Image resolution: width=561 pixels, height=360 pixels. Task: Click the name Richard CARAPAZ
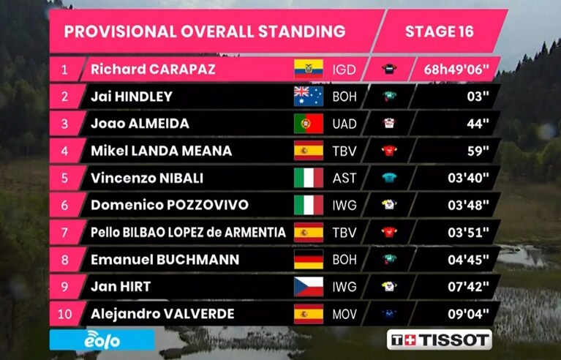153,69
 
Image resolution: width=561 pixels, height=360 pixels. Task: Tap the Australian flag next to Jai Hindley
309,97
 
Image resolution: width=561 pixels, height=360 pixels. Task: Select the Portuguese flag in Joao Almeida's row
309,124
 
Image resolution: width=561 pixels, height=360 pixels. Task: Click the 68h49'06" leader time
456,70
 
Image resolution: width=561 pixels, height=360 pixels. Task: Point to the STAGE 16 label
440,31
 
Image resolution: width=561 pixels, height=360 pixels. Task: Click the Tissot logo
440,340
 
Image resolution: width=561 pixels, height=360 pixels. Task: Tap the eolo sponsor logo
102,340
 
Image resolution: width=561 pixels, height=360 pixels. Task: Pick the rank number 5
64,178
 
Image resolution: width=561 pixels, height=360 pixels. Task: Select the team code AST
344,179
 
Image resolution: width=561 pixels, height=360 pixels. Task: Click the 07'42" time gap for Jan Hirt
468,287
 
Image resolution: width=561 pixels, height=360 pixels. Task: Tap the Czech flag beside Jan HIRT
309,287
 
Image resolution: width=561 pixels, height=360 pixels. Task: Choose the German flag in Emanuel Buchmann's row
309,260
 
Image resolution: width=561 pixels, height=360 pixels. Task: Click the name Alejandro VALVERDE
162,314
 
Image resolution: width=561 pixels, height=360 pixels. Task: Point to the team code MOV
344,314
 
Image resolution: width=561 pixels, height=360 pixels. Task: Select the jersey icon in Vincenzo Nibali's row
389,178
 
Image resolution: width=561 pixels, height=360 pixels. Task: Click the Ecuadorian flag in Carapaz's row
309,69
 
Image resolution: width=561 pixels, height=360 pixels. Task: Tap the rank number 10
64,314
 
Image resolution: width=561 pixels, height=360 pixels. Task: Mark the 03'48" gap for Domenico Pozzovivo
468,205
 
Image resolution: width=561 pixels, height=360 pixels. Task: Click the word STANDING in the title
301,31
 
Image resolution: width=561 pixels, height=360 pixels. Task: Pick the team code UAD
344,124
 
